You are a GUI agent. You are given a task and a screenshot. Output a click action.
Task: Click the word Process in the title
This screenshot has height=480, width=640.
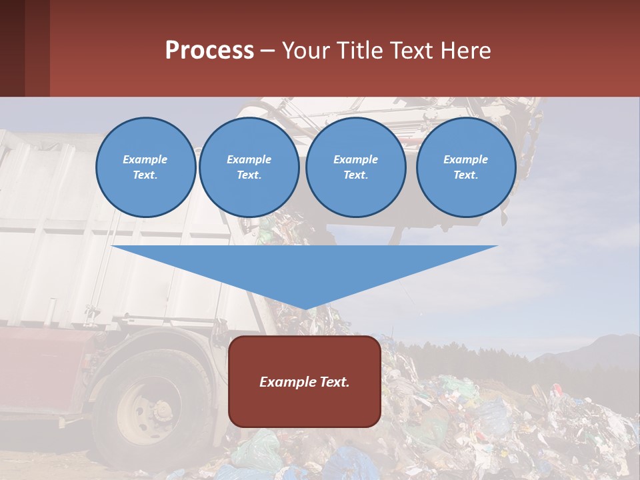pyautogui.click(x=209, y=51)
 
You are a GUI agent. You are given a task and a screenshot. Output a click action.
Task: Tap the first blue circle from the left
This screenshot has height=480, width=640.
pyautogui.click(x=145, y=167)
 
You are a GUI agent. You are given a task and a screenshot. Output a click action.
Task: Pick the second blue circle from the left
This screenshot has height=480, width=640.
pyautogui.click(x=249, y=167)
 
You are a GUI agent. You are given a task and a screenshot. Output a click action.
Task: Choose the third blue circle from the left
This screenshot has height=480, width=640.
pyautogui.click(x=356, y=167)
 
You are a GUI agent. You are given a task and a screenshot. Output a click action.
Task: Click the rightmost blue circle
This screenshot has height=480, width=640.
pyautogui.click(x=466, y=167)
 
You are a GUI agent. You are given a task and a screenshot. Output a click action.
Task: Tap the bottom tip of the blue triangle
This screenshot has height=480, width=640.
pyautogui.click(x=305, y=308)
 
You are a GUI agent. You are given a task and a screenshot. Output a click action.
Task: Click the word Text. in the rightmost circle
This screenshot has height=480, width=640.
pyautogui.click(x=466, y=175)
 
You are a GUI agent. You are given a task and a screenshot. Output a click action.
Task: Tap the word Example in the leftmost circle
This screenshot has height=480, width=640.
pyautogui.click(x=145, y=159)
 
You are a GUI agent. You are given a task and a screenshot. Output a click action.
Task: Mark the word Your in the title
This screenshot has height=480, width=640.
pyautogui.click(x=305, y=51)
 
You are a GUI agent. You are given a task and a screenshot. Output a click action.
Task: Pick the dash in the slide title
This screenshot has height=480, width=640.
pyautogui.click(x=268, y=51)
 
